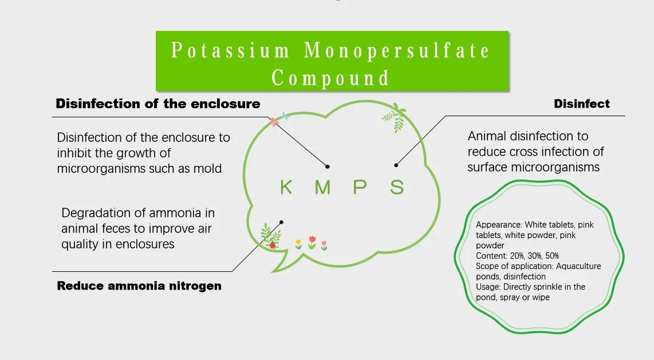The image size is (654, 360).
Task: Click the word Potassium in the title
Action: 231,51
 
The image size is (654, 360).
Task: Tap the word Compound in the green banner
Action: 330,78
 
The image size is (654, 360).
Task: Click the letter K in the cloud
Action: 286,187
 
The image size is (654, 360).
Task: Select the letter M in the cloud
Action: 322,187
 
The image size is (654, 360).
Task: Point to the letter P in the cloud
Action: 360,187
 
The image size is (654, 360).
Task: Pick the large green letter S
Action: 397,187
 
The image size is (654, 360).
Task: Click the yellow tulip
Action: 298,243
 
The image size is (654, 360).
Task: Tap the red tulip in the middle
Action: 312,240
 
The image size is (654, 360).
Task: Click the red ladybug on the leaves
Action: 273,245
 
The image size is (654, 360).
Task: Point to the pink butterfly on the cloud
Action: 274,121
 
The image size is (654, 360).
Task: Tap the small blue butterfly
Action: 285,116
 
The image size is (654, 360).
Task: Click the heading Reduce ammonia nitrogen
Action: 139,286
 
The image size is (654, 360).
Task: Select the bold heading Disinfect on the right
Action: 582,104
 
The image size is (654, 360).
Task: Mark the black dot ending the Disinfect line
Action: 396,165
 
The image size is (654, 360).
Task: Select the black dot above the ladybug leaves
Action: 281,222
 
